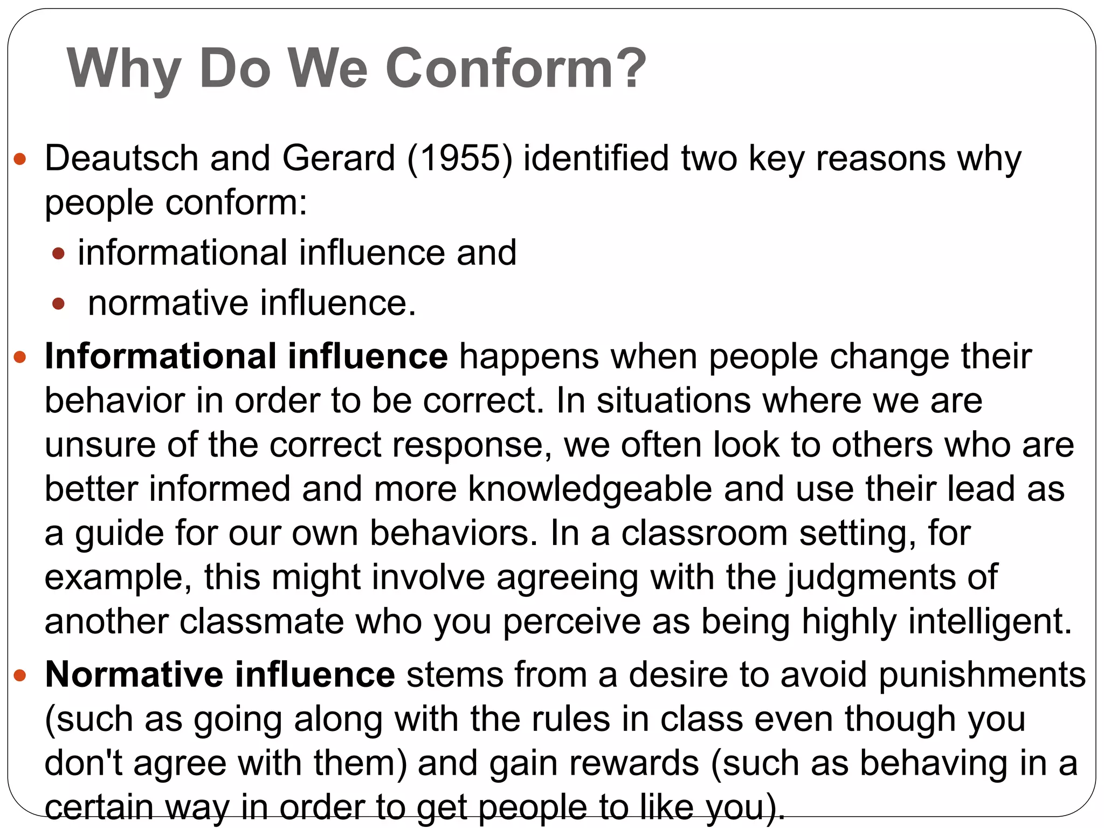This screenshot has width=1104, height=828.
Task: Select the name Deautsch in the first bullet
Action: tap(122, 158)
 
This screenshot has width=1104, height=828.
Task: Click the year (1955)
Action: tap(459, 158)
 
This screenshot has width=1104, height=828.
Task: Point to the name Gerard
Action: tap(339, 158)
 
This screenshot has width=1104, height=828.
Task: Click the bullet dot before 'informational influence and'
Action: tap(59, 253)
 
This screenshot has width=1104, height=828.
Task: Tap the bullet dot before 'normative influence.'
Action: tap(59, 304)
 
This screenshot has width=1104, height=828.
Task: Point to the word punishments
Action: tap(982, 675)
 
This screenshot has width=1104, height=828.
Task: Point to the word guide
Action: tap(119, 534)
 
